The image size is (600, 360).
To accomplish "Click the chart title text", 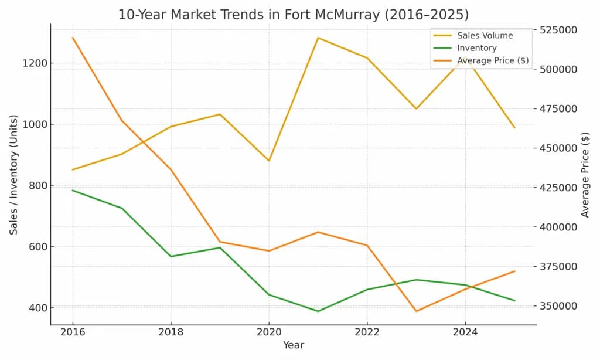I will pyautogui.click(x=293, y=14).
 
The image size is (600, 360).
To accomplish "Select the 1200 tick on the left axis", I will pyautogui.click(x=35, y=63).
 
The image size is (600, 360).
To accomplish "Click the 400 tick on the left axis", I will pyautogui.click(x=37, y=308).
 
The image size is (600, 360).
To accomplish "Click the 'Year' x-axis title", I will pyautogui.click(x=293, y=346).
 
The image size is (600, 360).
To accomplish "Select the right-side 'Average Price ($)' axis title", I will pyautogui.click(x=585, y=175).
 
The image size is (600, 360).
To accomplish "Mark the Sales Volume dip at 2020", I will pyautogui.click(x=269, y=161).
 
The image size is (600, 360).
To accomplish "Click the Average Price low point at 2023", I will pyautogui.click(x=416, y=311).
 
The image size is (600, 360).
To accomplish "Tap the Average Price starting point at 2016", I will pyautogui.click(x=73, y=38).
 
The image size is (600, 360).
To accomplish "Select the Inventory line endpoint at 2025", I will pyautogui.click(x=514, y=301).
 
